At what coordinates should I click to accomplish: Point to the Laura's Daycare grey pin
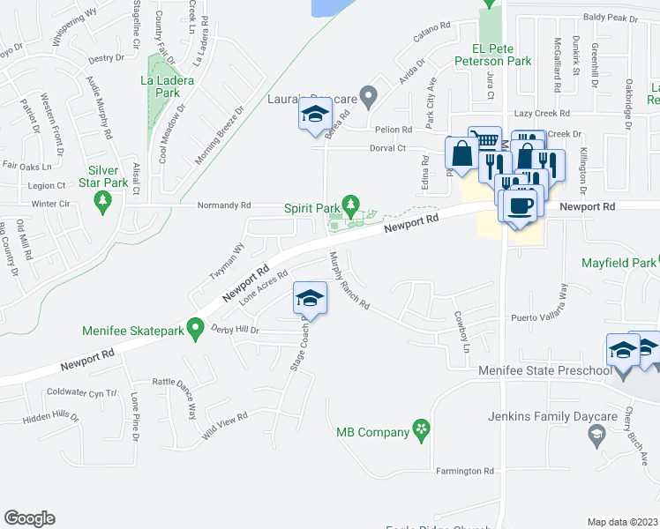point(370,94)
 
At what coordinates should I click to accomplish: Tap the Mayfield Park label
point(619,263)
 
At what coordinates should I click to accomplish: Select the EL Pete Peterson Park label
point(489,55)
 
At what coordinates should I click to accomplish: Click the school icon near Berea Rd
point(314,115)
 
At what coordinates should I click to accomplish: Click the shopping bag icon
point(461,154)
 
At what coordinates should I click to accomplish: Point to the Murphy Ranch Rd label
point(348,285)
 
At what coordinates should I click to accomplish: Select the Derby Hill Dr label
point(234,329)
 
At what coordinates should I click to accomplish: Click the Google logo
point(29,518)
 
